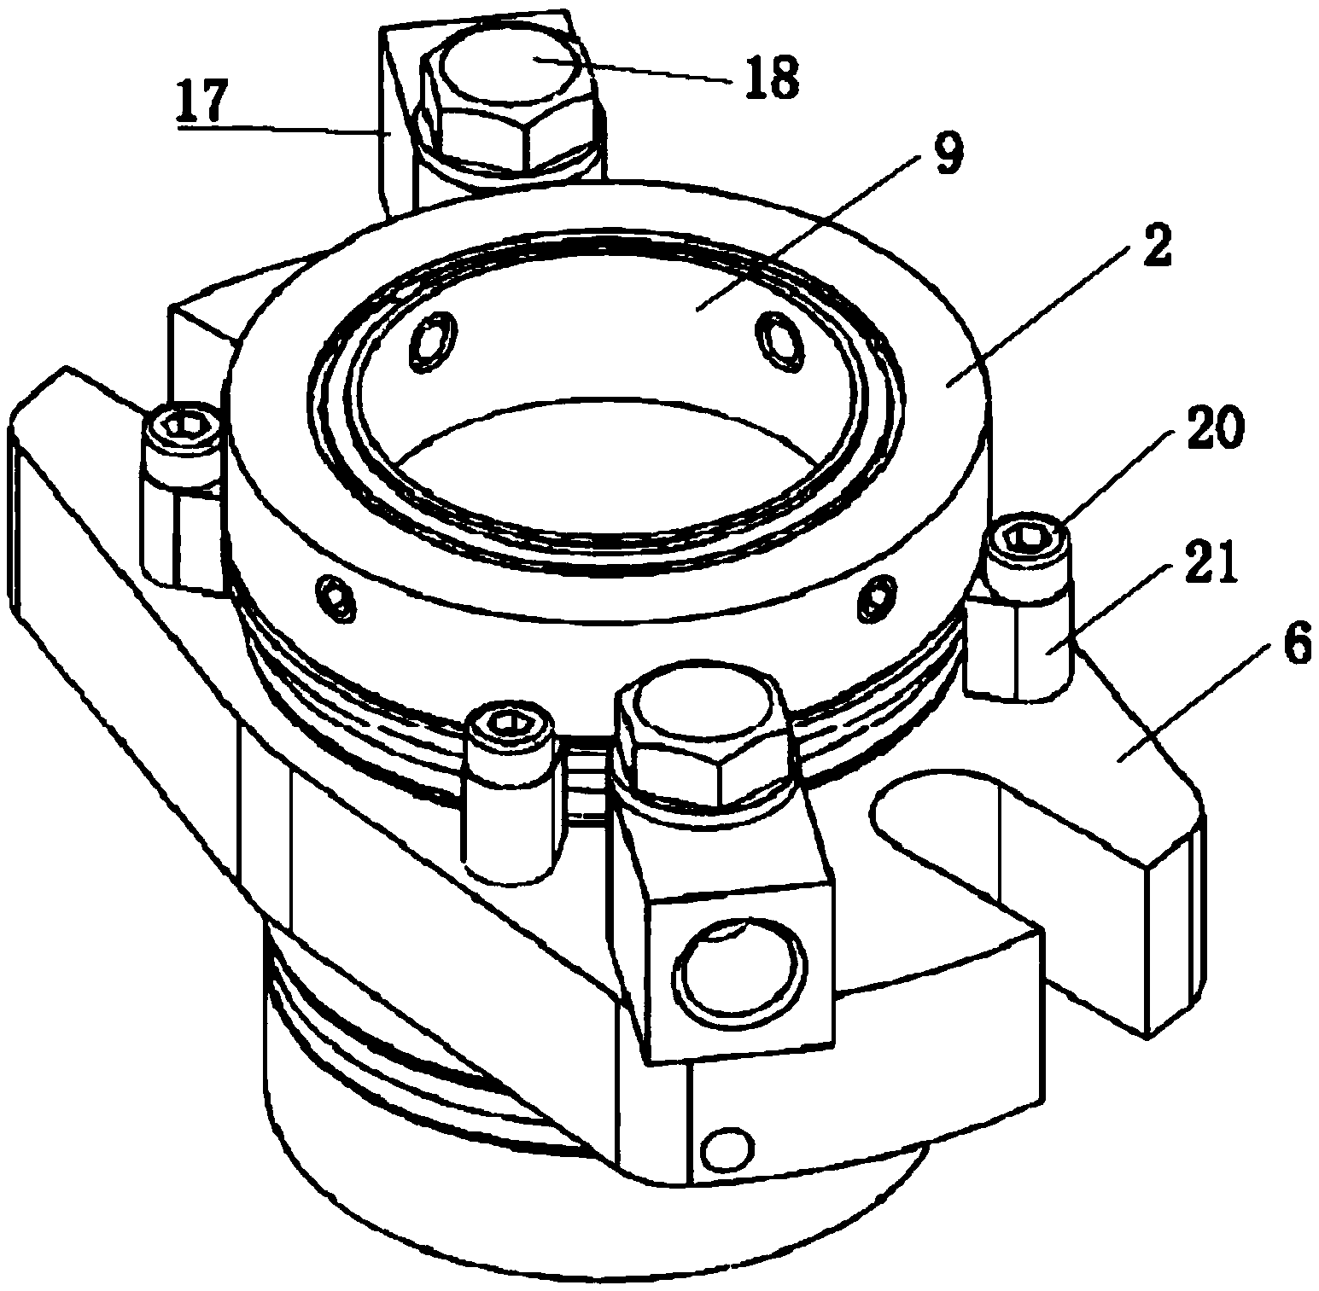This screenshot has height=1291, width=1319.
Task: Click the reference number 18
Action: pyautogui.click(x=771, y=77)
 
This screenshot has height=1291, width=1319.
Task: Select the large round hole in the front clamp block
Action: pyautogui.click(x=738, y=975)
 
